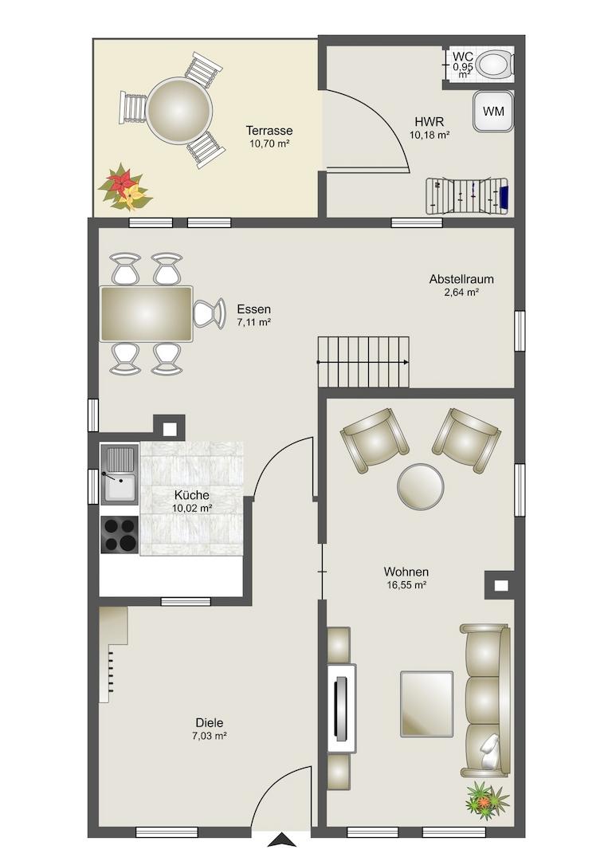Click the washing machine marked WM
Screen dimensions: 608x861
[x=493, y=112]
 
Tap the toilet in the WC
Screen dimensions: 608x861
[x=495, y=64]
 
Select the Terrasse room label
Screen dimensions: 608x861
[x=269, y=131]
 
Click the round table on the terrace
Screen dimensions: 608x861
[x=178, y=109]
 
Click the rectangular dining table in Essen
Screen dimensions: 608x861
[x=146, y=313]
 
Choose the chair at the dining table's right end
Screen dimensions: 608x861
[x=209, y=313]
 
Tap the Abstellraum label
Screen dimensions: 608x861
[x=461, y=279]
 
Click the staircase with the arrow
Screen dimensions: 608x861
[x=363, y=361]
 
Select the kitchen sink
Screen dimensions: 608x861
[x=119, y=474]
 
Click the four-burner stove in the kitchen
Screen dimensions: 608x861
[x=119, y=535]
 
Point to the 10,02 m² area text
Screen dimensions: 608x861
[x=192, y=509]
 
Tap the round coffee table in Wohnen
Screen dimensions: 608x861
[x=420, y=486]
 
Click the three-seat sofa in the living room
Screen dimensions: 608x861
[x=485, y=701]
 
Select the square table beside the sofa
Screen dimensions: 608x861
[x=427, y=703]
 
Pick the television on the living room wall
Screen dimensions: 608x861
[x=341, y=709]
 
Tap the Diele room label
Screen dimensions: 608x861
[x=210, y=722]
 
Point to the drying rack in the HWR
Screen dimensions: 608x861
[x=468, y=195]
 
